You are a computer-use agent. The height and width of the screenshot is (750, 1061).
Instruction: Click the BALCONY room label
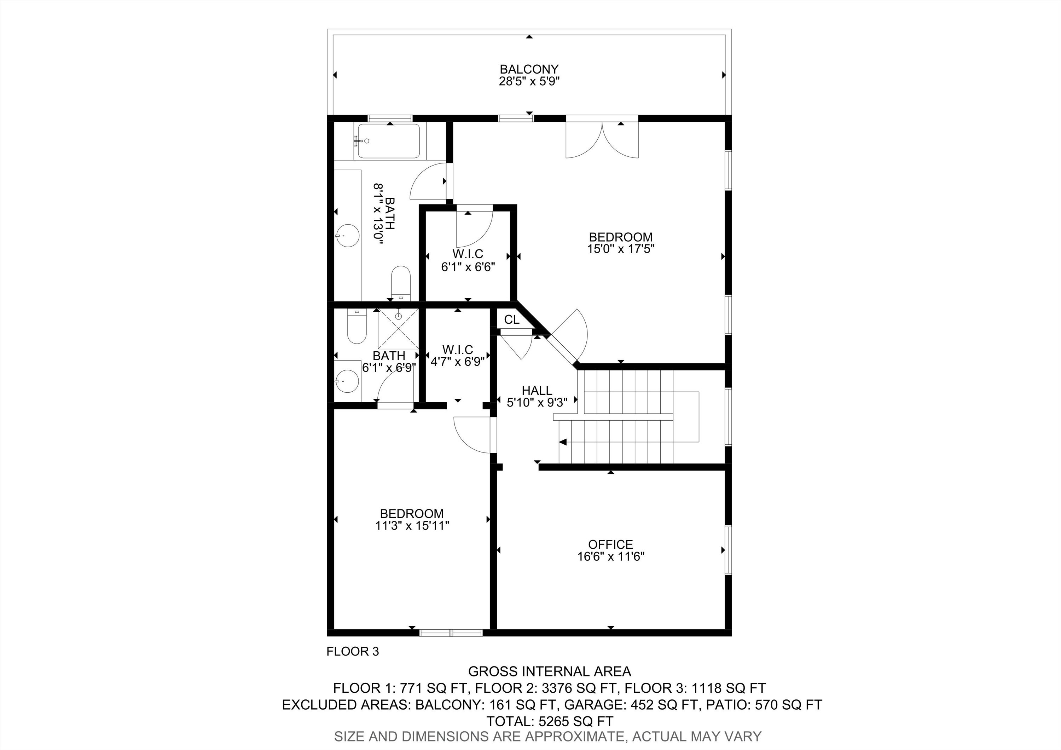pyautogui.click(x=529, y=69)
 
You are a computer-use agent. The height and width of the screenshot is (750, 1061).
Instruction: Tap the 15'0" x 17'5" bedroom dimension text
pyautogui.click(x=621, y=249)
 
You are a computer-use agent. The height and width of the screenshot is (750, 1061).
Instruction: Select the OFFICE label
pyautogui.click(x=610, y=544)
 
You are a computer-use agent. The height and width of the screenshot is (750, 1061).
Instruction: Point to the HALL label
pyautogui.click(x=537, y=391)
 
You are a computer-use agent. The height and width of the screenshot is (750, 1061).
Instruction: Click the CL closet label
pyautogui.click(x=511, y=320)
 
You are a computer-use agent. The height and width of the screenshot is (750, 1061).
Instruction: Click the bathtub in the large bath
pyautogui.click(x=389, y=142)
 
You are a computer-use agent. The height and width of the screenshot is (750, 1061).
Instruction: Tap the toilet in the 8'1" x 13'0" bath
pyautogui.click(x=401, y=282)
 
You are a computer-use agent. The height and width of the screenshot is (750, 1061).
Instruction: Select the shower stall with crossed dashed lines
pyautogui.click(x=398, y=329)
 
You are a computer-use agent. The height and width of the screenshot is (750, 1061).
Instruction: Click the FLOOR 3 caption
pyautogui.click(x=353, y=652)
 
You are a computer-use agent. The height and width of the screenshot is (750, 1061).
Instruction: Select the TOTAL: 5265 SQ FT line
pyautogui.click(x=550, y=721)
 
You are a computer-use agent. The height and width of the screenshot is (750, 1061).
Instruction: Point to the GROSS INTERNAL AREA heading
pyautogui.click(x=550, y=671)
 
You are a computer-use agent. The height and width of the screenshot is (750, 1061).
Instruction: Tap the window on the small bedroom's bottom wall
pyautogui.click(x=451, y=633)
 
